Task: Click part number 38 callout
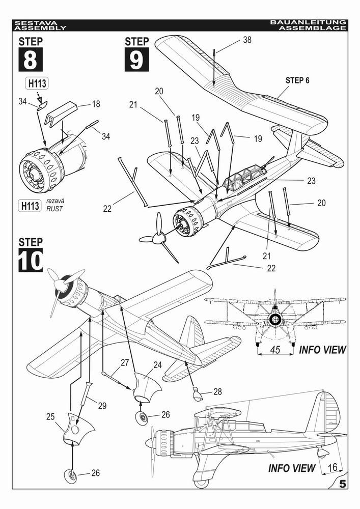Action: [247, 40]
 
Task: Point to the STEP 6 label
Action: [297, 80]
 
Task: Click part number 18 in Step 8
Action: [96, 104]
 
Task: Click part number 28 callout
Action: [217, 392]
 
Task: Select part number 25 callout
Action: [50, 417]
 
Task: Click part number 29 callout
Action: [102, 405]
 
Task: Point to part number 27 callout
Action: [124, 362]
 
